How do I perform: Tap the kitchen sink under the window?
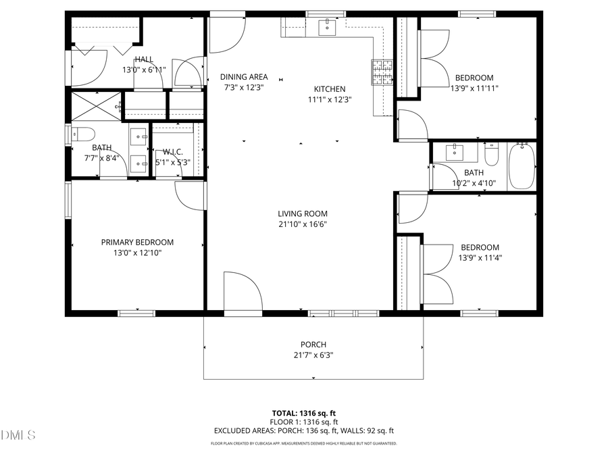327,26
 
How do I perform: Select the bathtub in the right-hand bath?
521,166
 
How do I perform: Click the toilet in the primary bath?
82,133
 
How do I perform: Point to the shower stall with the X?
97,106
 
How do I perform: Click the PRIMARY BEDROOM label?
137,243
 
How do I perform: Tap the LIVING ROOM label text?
302,214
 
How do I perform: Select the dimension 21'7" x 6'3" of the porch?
313,355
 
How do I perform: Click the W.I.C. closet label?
174,152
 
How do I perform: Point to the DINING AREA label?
244,77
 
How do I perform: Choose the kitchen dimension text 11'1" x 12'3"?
330,99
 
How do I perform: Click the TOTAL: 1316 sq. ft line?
304,412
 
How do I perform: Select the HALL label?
144,59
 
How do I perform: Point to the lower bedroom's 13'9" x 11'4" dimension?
480,257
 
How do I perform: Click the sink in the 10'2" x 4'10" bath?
455,153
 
